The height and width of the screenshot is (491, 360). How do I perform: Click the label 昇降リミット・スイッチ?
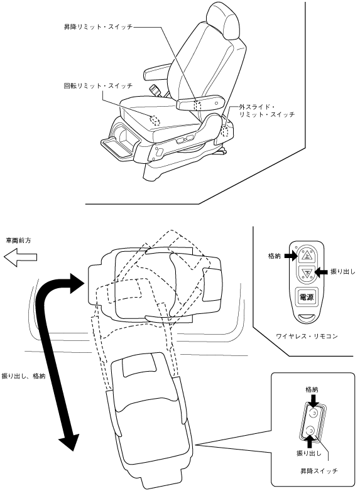99,27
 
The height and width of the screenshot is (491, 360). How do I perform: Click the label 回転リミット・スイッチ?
99,85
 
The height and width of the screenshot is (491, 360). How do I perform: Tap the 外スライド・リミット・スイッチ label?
266,111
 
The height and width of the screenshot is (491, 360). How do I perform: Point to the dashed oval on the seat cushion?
155,120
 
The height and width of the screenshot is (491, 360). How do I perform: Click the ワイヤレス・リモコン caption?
307,337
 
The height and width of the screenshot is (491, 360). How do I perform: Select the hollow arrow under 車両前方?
20,257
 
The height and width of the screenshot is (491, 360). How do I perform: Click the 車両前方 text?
18,240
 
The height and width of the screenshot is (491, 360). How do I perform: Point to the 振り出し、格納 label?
23,375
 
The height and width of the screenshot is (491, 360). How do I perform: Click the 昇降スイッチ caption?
319,471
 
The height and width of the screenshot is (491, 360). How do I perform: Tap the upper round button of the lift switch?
312,413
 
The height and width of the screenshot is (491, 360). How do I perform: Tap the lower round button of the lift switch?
310,431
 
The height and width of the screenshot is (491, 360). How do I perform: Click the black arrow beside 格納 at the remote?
290,256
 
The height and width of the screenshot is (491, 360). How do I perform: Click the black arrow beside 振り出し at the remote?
321,272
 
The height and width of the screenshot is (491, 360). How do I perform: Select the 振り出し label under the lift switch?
308,453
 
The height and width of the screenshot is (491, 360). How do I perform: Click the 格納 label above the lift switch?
312,389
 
